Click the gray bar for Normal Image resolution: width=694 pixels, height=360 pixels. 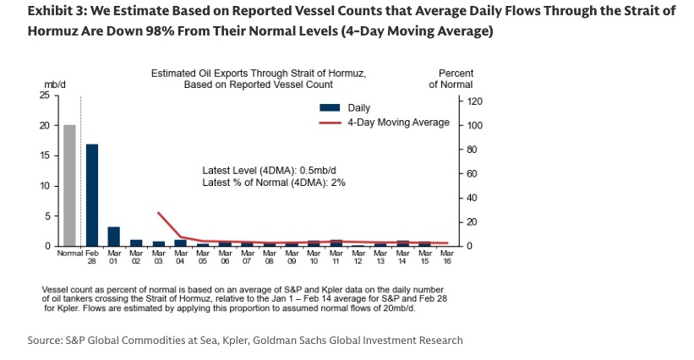point(69,186)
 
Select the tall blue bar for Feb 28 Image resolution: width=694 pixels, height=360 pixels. point(92,195)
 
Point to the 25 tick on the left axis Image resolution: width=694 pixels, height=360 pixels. point(44,95)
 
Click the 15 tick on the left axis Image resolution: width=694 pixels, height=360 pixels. point(44,155)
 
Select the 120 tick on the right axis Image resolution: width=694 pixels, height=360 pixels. point(473,101)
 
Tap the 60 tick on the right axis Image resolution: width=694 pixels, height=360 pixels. point(471,173)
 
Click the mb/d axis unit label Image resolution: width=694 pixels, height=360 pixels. point(55,85)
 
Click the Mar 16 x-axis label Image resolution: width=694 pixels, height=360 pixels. point(447,257)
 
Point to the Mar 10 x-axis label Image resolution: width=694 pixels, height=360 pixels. point(314,257)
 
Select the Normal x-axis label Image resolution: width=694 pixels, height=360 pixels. point(69,253)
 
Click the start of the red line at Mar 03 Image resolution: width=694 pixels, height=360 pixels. point(159,213)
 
